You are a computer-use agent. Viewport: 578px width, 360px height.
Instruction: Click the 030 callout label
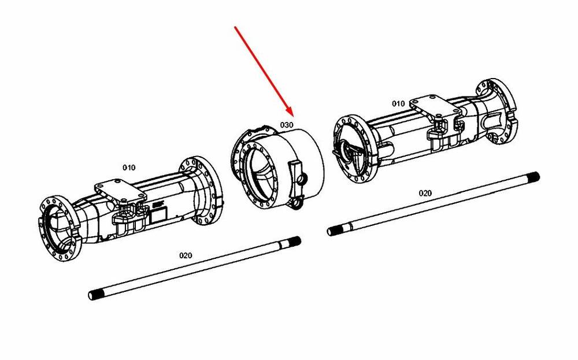(287, 125)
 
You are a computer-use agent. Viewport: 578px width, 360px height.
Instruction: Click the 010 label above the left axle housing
(129, 168)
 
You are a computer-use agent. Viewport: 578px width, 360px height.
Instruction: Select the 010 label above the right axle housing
(398, 103)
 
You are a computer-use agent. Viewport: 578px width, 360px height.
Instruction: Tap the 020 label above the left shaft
(186, 255)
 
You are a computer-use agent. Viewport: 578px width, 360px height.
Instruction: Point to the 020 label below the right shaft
(425, 193)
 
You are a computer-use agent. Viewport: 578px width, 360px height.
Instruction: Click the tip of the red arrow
(291, 116)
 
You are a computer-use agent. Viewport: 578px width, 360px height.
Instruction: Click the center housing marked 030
(277, 167)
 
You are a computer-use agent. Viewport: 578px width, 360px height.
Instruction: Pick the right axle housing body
(424, 129)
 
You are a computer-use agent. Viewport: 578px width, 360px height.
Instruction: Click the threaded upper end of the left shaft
(294, 243)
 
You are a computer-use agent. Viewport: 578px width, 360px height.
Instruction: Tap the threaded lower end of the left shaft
(96, 295)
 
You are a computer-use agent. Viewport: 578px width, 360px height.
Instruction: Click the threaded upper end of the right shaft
(533, 177)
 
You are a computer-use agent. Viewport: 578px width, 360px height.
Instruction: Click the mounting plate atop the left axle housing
(120, 191)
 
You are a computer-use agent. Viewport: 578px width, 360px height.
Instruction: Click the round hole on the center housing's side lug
(302, 180)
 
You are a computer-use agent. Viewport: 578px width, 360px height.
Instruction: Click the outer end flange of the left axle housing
(59, 228)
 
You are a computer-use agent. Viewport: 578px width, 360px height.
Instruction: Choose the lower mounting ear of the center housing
(297, 203)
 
